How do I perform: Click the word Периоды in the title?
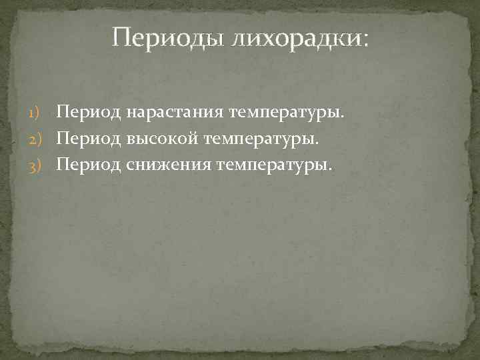tap(169, 37)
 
